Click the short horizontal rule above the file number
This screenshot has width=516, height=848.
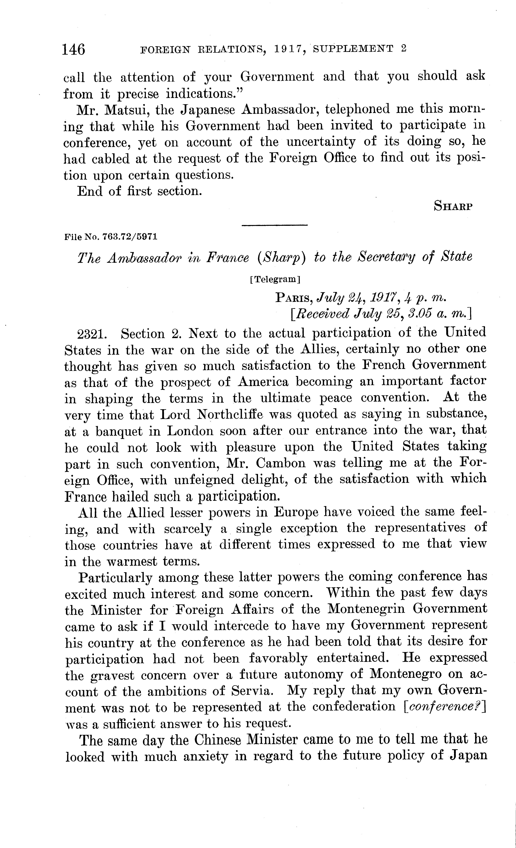click(x=274, y=225)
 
